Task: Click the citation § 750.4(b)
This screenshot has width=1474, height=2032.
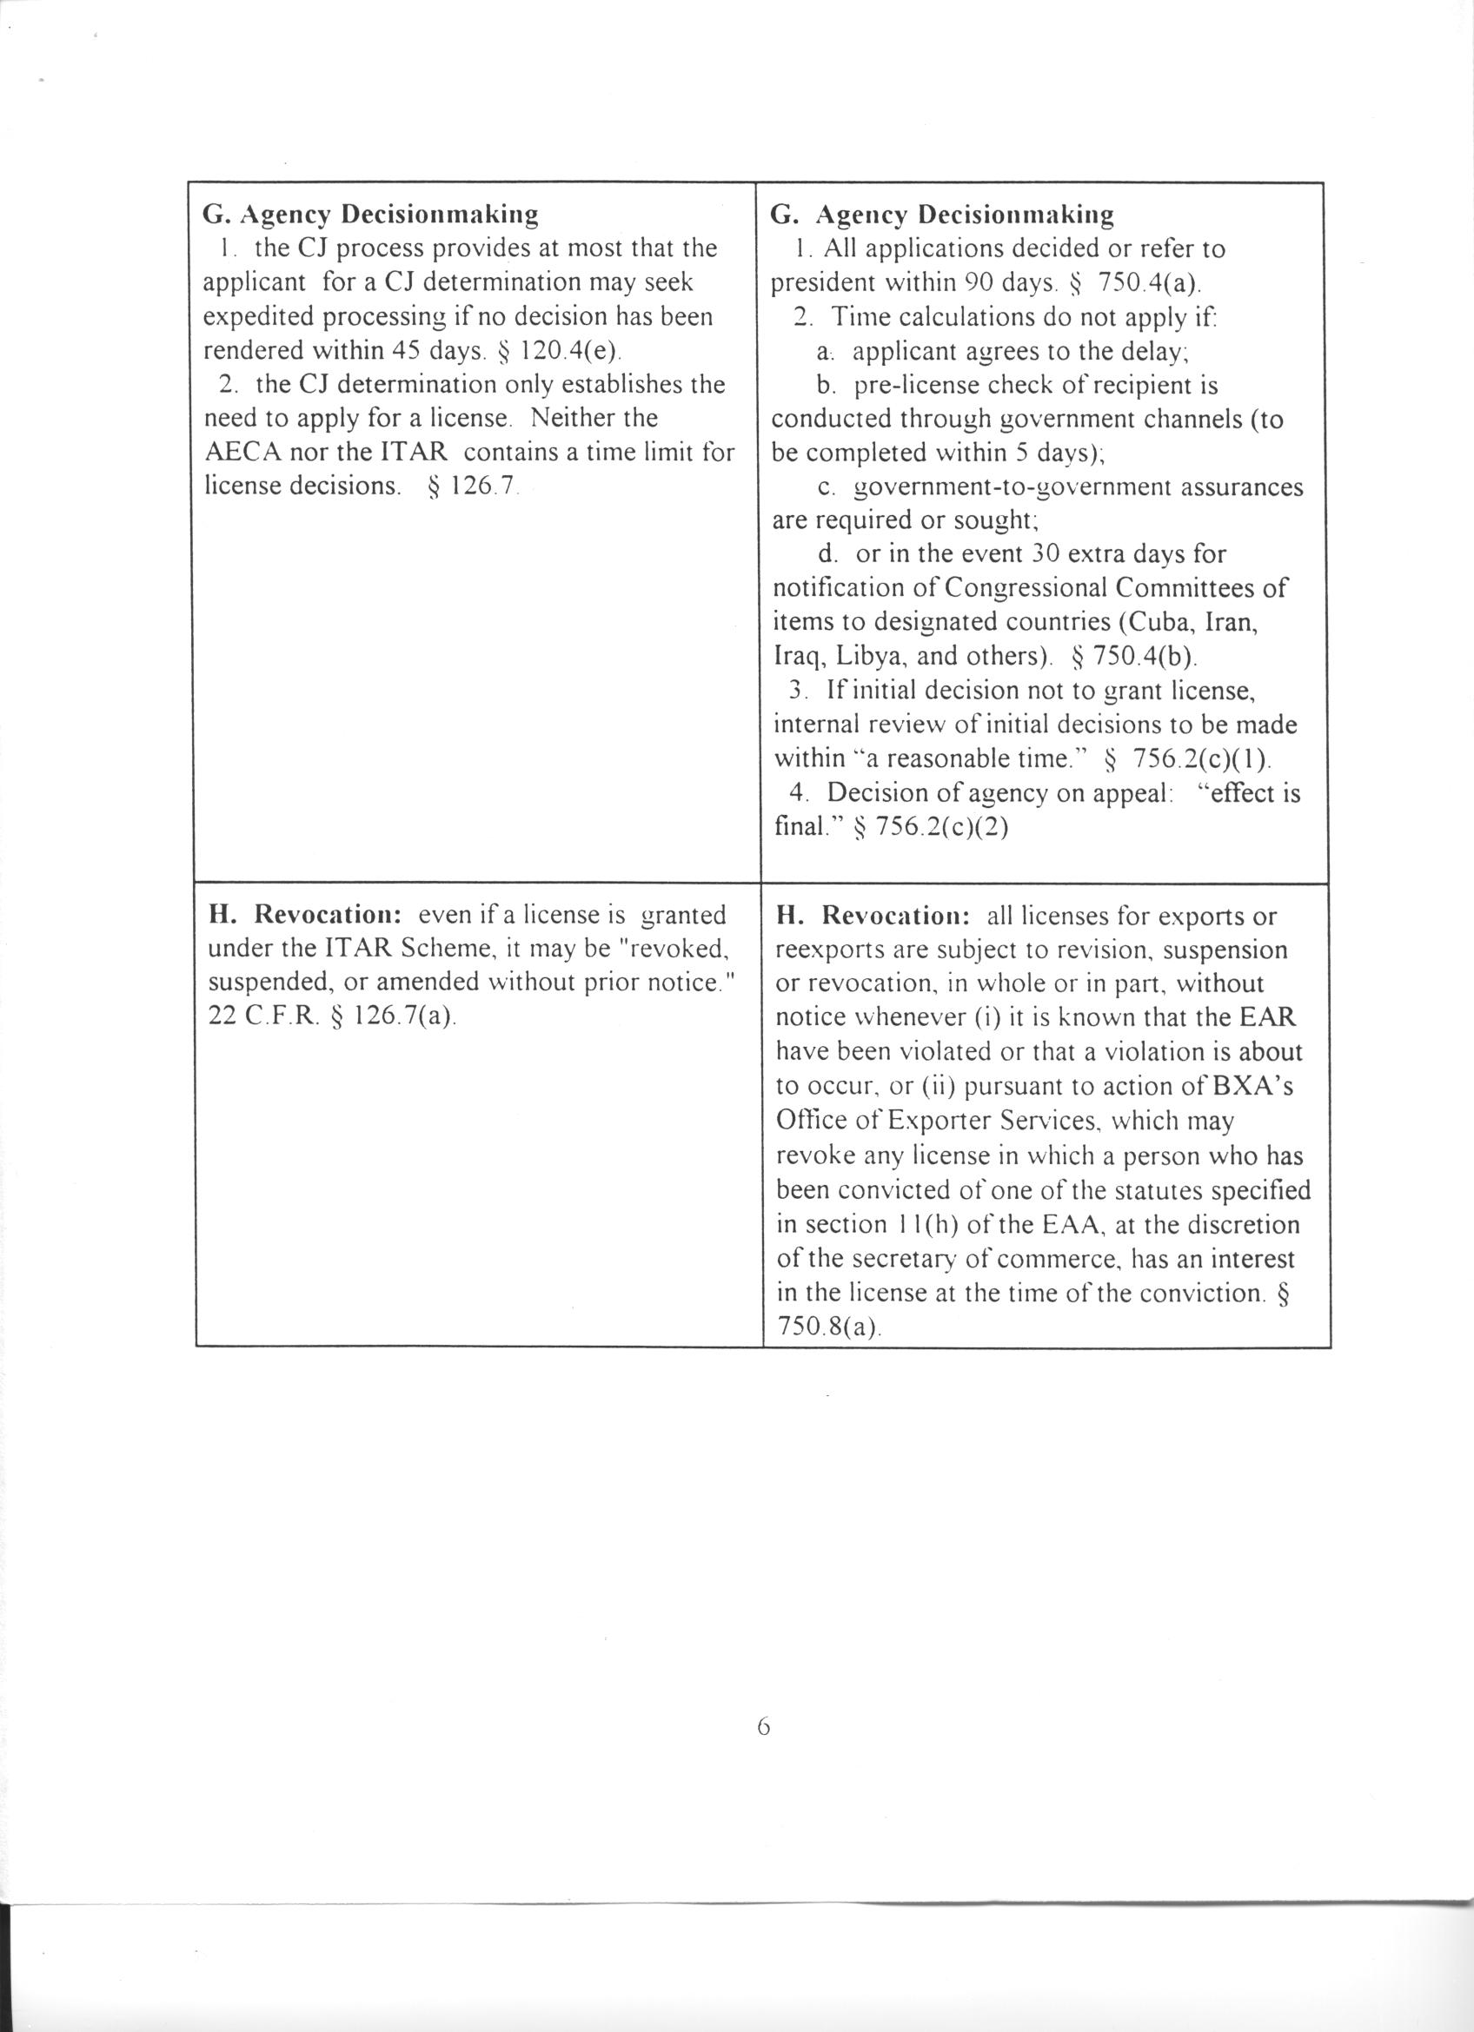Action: [x=1133, y=656]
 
